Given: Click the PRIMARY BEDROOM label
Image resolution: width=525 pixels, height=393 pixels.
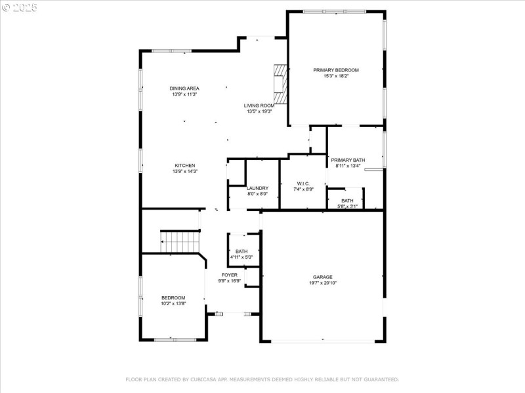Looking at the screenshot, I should [335, 70].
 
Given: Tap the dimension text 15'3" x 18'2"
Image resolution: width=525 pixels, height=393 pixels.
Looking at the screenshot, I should [335, 76].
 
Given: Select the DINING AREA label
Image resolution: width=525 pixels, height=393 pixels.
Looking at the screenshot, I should [184, 88].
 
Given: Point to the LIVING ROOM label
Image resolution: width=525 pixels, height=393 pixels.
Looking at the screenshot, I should [259, 105].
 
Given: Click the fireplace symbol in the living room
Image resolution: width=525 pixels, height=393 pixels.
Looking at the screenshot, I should [281, 84].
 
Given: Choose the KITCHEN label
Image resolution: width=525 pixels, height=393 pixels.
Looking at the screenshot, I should [184, 166].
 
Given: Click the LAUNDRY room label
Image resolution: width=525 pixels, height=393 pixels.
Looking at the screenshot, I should [257, 188].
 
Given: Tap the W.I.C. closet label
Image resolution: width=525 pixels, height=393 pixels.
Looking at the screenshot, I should [303, 183].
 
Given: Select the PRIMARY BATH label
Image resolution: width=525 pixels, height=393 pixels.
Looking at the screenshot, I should [348, 160].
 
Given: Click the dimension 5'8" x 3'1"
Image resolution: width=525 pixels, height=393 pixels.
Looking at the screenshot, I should [347, 206].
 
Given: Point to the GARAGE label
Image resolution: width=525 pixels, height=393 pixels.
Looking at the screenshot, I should [322, 277].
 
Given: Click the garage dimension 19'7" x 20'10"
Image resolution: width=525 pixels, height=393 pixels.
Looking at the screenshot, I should [322, 283].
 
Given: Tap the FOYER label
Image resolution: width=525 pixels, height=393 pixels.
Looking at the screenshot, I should [230, 275].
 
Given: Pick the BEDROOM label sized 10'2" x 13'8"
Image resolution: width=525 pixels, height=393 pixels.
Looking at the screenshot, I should [173, 297].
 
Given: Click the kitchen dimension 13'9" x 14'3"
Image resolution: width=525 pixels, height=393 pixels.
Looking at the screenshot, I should [184, 172].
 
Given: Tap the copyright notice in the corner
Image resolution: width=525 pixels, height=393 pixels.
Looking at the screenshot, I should [20, 7].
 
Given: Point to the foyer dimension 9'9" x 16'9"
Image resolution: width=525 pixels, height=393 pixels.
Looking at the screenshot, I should [230, 281].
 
